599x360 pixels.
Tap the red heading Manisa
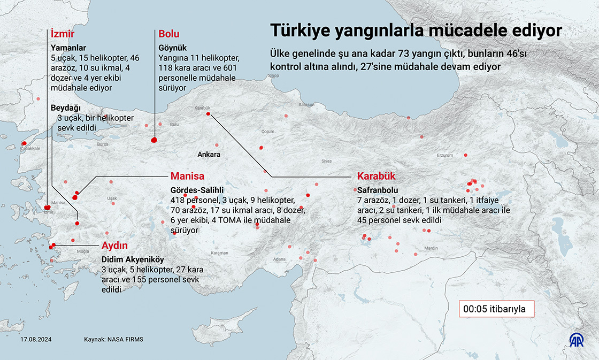[x=187, y=176]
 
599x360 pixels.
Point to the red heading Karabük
[x=375, y=177]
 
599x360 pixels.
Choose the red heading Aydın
[x=114, y=246]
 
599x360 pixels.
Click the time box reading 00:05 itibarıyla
[x=495, y=309]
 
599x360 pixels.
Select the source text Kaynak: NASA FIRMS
[x=113, y=340]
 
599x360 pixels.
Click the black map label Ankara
[x=209, y=155]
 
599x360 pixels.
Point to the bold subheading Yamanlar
[x=68, y=48]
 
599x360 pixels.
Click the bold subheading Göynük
[x=172, y=48]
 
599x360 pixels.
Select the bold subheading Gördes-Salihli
[x=196, y=190]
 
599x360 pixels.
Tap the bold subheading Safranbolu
[x=377, y=190]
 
